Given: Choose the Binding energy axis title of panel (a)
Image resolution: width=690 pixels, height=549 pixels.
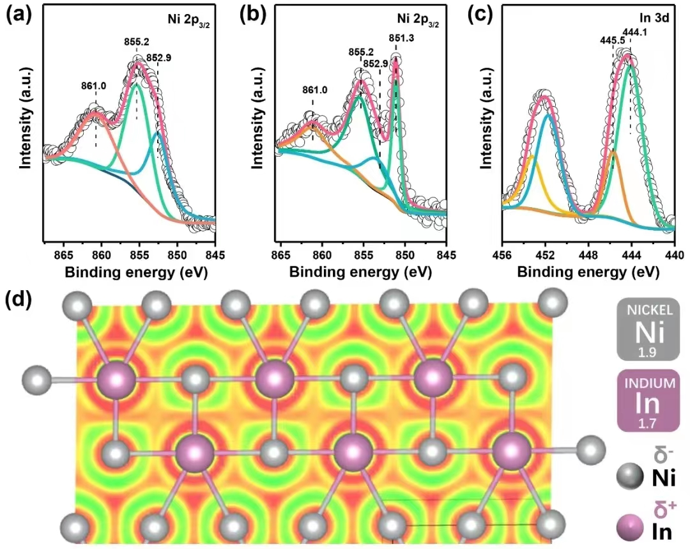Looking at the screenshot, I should click(x=129, y=272).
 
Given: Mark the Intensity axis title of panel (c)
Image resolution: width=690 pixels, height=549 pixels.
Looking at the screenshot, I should click(x=486, y=127).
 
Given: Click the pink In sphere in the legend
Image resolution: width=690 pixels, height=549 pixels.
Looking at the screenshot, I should click(x=629, y=529).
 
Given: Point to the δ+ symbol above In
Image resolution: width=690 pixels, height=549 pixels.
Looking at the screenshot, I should click(x=661, y=509).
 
